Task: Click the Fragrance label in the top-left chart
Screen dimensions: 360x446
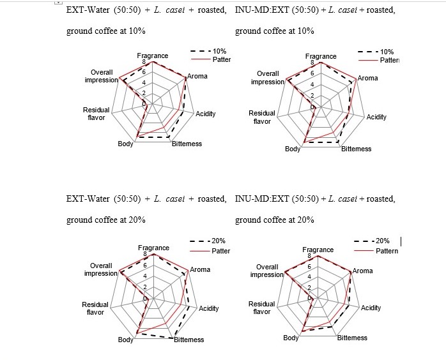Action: point(153,56)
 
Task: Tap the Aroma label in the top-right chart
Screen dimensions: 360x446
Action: point(367,79)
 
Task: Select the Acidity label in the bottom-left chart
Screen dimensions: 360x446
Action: point(209,308)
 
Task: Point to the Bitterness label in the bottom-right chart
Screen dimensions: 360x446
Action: point(352,338)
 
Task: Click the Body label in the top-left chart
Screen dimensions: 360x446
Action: point(125,144)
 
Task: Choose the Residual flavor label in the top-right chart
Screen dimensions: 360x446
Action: point(262,117)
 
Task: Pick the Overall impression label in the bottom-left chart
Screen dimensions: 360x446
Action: point(101,269)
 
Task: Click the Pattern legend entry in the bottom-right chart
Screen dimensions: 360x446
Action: point(387,251)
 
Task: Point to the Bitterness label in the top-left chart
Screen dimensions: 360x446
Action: point(187,144)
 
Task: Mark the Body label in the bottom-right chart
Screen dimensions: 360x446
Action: point(291,338)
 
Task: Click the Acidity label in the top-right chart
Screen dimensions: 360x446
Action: point(376,117)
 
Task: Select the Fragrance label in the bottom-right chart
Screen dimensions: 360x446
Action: point(318,250)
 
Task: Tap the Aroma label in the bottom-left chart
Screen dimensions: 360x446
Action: point(200,269)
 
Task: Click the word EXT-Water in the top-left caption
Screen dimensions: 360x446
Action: point(88,11)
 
